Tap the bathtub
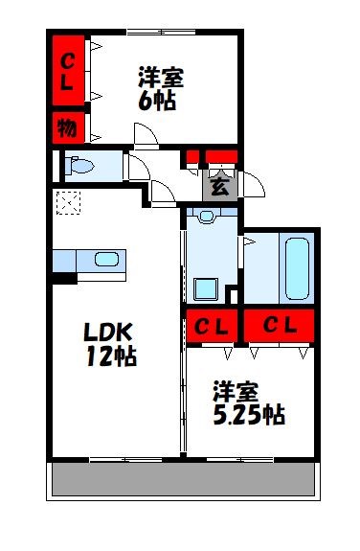click(x=297, y=269)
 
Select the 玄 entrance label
click(x=219, y=186)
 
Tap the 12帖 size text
click(x=112, y=358)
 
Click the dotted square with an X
click(x=69, y=203)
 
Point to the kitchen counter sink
click(x=106, y=260)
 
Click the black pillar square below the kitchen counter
click(x=64, y=280)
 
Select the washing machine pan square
click(x=205, y=288)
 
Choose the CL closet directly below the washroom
click(x=211, y=327)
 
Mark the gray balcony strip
click(x=183, y=480)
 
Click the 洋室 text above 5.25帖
click(x=236, y=390)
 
